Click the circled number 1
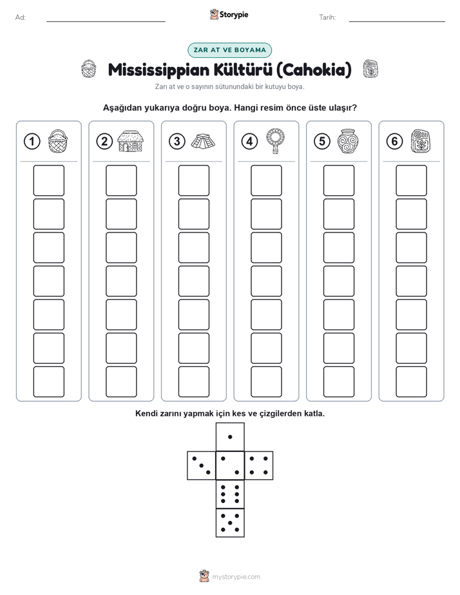[x=32, y=142]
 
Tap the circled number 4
[x=249, y=142]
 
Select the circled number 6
[x=394, y=142]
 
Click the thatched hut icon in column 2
[x=131, y=141]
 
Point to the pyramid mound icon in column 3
[x=203, y=141]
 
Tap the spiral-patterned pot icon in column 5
[x=348, y=141]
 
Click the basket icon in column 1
[x=58, y=141]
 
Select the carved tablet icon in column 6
[x=421, y=142]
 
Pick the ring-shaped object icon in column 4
[x=275, y=141]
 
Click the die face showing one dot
[x=230, y=437]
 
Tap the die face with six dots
[x=230, y=494]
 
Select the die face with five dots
[x=230, y=523]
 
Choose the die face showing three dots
[x=201, y=465]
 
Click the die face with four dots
[x=259, y=465]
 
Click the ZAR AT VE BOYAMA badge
[x=229, y=50]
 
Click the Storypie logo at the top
[x=229, y=15]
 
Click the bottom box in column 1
[x=48, y=382]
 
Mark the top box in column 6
[x=412, y=180]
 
